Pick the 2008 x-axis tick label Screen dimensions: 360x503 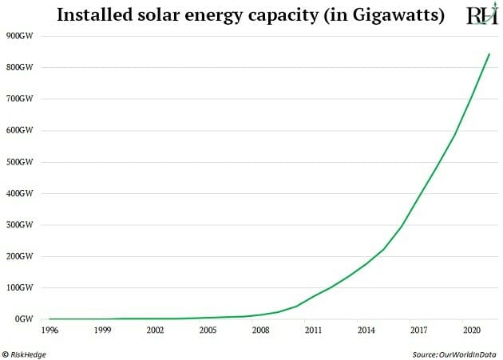(x=259, y=329)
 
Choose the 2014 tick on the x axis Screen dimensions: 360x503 (x=366, y=329)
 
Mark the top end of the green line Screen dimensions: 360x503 (x=489, y=54)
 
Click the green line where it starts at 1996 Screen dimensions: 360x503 (x=49, y=318)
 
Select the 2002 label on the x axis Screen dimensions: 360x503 (x=154, y=329)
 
